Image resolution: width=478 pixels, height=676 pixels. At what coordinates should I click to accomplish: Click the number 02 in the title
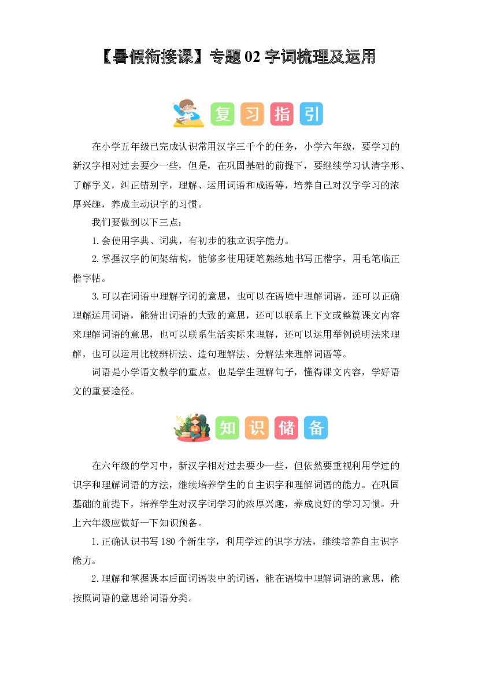[x=252, y=57]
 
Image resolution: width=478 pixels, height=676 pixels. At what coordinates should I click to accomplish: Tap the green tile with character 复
[x=223, y=114]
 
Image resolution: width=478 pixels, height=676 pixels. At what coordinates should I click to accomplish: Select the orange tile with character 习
[x=252, y=114]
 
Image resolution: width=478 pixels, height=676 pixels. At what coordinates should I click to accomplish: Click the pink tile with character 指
[x=281, y=114]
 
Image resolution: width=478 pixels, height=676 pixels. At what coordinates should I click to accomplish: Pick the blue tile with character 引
[x=311, y=114]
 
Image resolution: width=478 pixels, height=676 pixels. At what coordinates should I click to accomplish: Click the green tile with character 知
[x=227, y=428]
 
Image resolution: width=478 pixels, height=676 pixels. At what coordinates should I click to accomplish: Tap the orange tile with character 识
[x=257, y=428]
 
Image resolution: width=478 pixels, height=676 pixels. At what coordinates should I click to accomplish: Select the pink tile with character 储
[x=286, y=428]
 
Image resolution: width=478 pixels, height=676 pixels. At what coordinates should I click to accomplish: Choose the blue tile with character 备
[x=316, y=428]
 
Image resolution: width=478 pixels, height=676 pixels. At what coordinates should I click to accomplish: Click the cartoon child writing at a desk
[x=188, y=113]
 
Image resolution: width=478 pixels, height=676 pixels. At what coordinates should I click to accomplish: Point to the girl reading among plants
[x=192, y=428]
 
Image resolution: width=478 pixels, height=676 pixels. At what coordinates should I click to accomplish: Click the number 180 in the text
[x=168, y=541]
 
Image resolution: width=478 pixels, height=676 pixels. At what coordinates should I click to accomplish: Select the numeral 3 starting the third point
[x=94, y=297]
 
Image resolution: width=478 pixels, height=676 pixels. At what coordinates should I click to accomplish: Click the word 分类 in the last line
[x=179, y=598]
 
